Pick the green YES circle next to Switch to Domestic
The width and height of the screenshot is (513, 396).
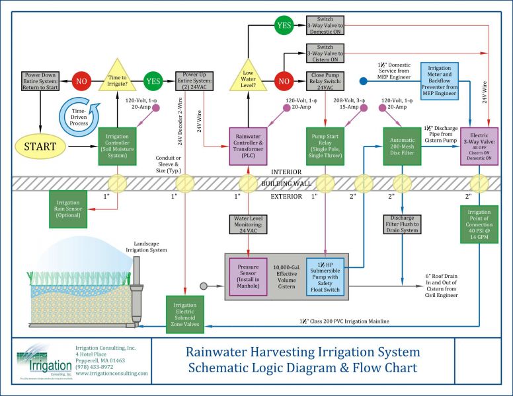284,26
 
